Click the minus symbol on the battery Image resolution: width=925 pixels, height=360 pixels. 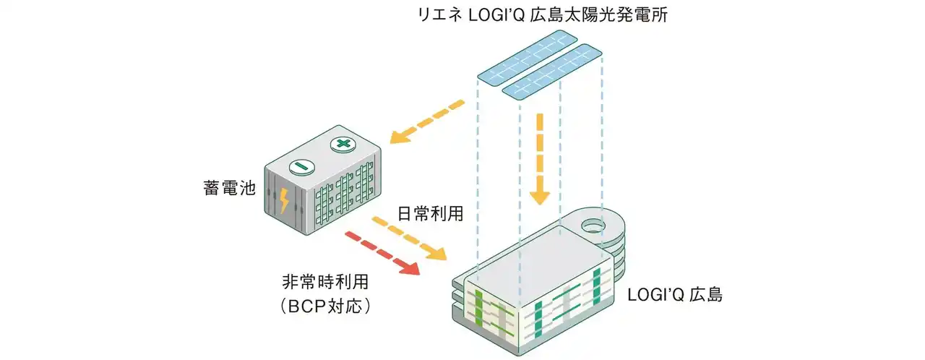click(x=303, y=167)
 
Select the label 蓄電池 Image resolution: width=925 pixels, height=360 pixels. click(x=227, y=190)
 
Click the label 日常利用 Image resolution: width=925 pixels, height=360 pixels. click(x=431, y=214)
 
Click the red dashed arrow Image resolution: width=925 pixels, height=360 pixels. click(x=383, y=253)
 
